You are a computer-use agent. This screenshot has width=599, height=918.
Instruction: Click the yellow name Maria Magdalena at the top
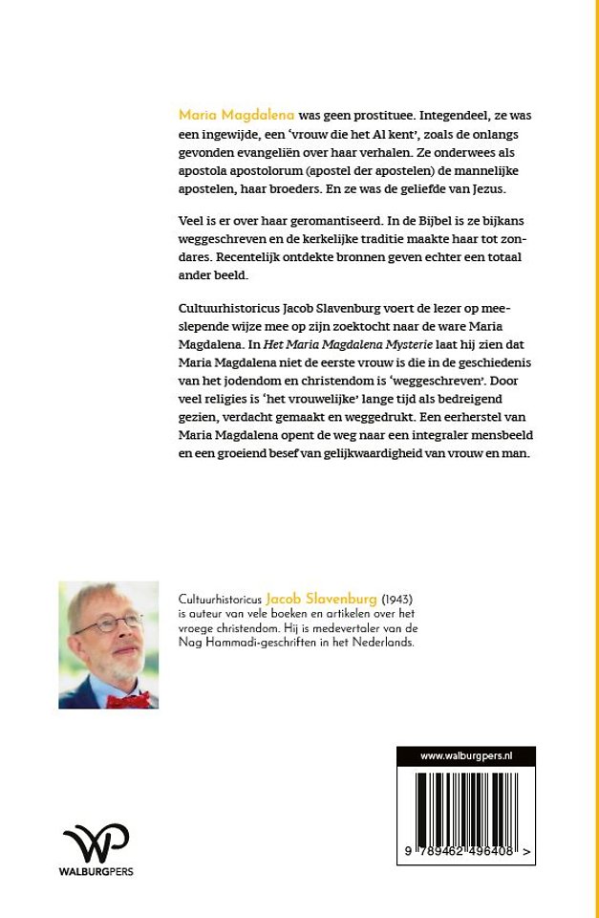pos(236,115)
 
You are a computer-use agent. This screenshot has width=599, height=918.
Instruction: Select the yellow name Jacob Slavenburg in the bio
pos(309,597)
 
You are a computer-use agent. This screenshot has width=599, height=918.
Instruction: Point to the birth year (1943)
pos(373,597)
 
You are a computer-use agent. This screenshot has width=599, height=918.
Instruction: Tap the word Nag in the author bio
pos(190,645)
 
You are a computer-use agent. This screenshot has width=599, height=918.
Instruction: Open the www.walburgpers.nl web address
pos(466,755)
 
